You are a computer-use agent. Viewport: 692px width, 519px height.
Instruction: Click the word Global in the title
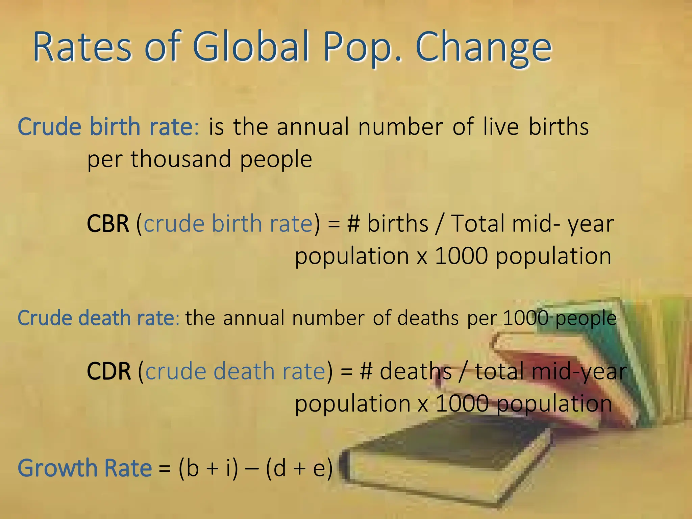coord(251,47)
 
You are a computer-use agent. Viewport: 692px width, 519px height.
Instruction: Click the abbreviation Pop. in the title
coord(363,47)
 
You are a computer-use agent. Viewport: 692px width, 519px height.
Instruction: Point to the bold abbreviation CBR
coord(108,224)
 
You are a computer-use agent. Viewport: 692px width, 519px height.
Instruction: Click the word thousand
coord(181,159)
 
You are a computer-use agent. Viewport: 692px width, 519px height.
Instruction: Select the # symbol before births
coord(353,224)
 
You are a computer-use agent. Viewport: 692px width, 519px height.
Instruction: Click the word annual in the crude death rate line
coord(254,318)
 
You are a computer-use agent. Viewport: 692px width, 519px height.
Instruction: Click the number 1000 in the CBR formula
coord(461,256)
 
